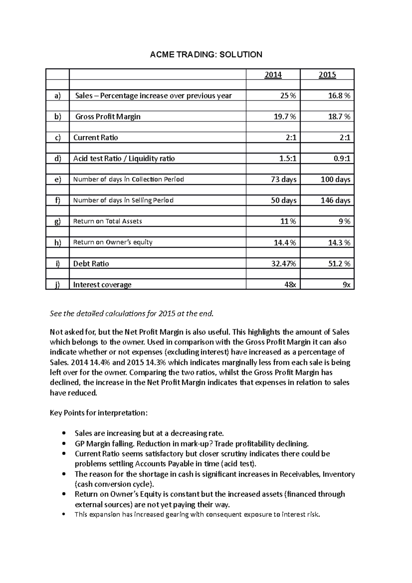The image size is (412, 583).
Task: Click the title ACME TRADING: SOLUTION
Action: (206, 54)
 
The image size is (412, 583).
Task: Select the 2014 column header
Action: (273, 75)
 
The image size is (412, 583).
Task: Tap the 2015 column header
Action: (327, 75)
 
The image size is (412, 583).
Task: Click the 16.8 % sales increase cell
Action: (339, 96)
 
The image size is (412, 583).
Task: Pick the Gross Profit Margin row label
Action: (108, 117)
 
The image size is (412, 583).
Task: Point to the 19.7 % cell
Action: (285, 117)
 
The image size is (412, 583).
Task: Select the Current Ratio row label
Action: (95, 138)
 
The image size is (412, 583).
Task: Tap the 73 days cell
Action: (284, 180)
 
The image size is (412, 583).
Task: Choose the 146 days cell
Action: (335, 201)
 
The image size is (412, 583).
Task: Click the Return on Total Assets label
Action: (107, 221)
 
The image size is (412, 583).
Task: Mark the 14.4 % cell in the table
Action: (285, 243)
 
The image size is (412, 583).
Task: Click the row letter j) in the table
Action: (57, 285)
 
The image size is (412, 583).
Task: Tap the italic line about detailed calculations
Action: (131, 313)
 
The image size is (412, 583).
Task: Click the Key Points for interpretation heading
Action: (99, 413)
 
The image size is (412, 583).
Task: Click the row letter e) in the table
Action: (57, 180)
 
